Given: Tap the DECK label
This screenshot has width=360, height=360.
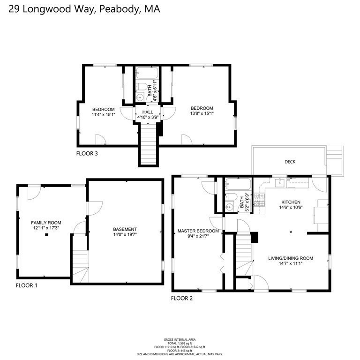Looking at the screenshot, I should (x=290, y=162).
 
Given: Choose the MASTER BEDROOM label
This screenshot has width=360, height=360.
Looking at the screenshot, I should (x=198, y=231).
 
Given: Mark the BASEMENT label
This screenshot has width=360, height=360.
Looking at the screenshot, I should (x=125, y=229).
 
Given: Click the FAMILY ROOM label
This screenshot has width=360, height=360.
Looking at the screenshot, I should (x=46, y=223).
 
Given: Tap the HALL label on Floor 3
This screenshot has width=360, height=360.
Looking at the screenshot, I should (x=148, y=112).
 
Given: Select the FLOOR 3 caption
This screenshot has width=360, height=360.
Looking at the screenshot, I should (x=87, y=153).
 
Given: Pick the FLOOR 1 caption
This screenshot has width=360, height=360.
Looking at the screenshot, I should (x=26, y=285).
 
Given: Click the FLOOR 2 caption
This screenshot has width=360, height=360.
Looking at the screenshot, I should (x=181, y=298).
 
